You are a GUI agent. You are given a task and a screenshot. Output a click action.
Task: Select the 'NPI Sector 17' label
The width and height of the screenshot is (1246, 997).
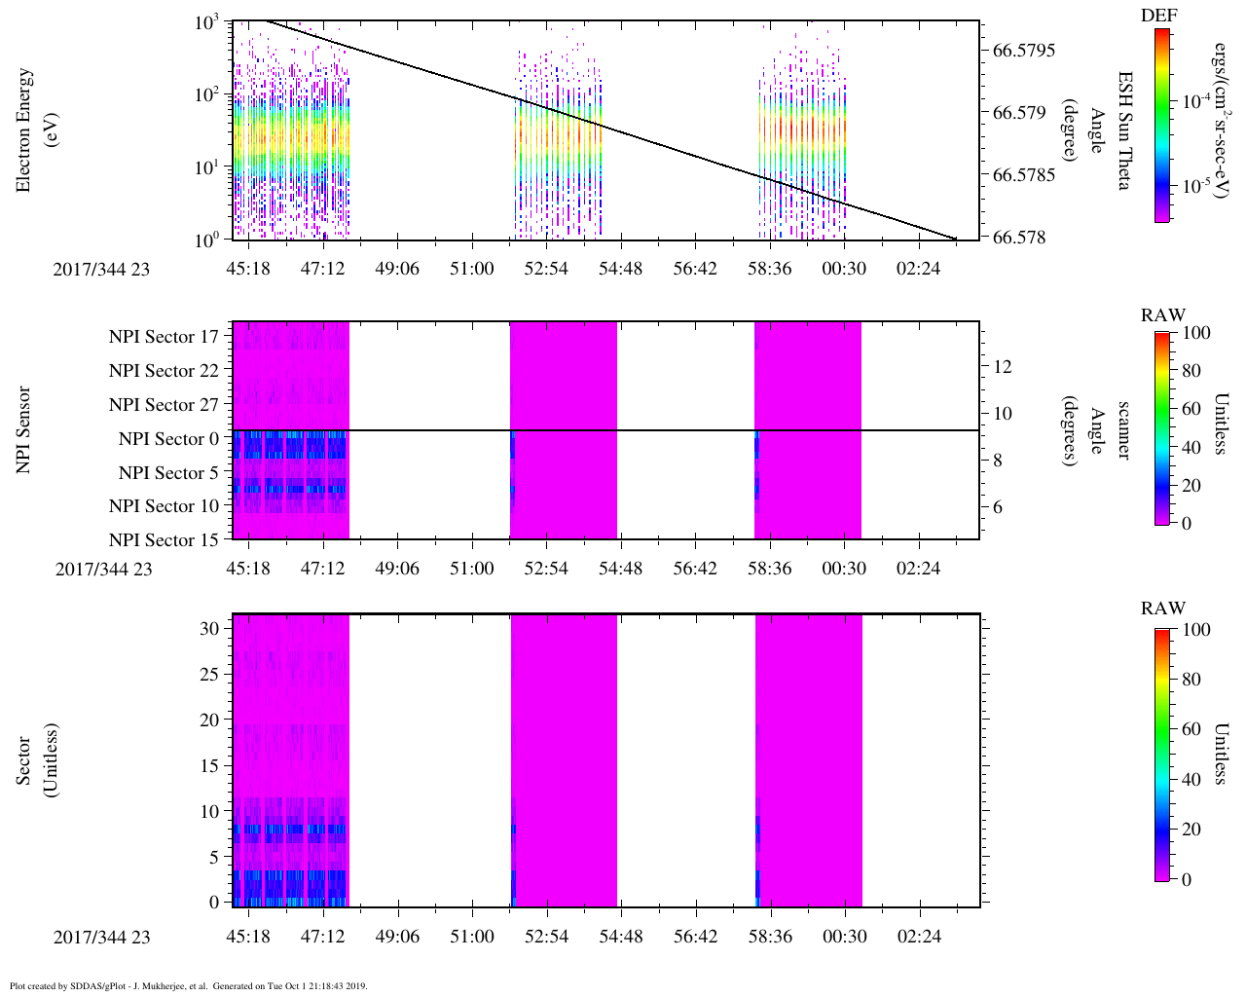(165, 337)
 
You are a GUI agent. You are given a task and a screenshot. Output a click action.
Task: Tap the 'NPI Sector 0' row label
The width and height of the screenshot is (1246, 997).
(168, 439)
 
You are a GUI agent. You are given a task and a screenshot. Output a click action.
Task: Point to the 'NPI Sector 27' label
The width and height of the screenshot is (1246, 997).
(165, 405)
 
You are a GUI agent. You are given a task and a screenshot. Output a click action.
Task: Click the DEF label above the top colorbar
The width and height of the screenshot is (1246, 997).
(1159, 15)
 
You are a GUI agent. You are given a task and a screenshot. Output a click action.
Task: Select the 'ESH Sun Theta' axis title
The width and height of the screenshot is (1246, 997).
(1124, 129)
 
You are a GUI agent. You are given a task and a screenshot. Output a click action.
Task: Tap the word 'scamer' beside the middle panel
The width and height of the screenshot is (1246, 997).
(1123, 430)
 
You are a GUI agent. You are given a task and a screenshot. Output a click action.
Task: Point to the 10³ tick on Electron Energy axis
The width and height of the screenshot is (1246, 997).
(206, 22)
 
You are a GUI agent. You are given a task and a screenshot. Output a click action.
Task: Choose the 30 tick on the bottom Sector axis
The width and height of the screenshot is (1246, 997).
(209, 629)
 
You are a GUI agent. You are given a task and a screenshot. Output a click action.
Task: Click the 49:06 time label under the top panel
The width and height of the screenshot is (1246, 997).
(397, 268)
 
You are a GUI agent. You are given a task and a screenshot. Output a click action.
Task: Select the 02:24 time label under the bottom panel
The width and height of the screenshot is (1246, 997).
(919, 937)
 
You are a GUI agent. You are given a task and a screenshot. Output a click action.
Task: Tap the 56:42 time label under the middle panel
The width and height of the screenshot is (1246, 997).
(695, 569)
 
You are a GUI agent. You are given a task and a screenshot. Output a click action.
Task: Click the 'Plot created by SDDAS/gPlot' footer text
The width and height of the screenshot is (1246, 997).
(188, 985)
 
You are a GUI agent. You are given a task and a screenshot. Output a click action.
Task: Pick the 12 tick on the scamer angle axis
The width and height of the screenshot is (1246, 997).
(1003, 367)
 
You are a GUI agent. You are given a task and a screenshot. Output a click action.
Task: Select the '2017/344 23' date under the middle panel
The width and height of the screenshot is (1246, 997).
(103, 569)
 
